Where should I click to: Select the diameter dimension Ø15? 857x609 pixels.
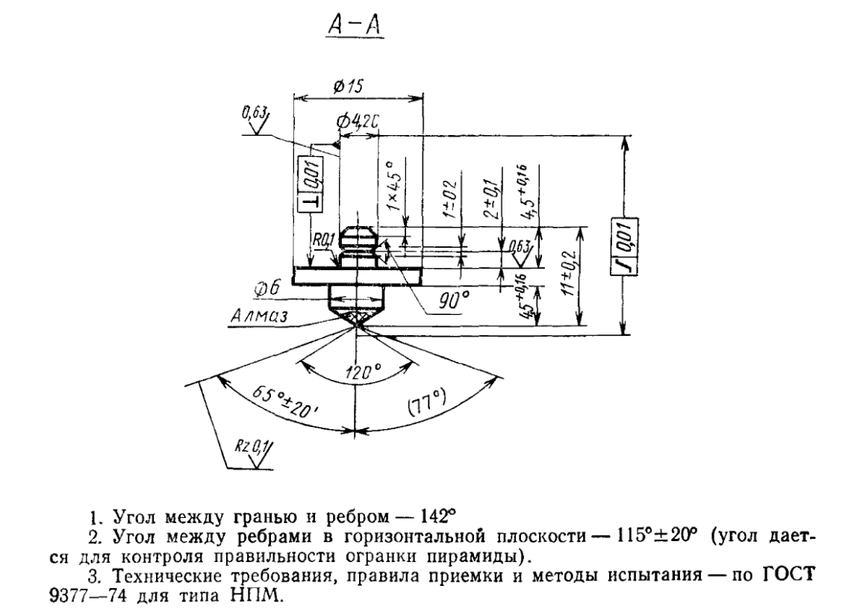pos(347,87)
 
